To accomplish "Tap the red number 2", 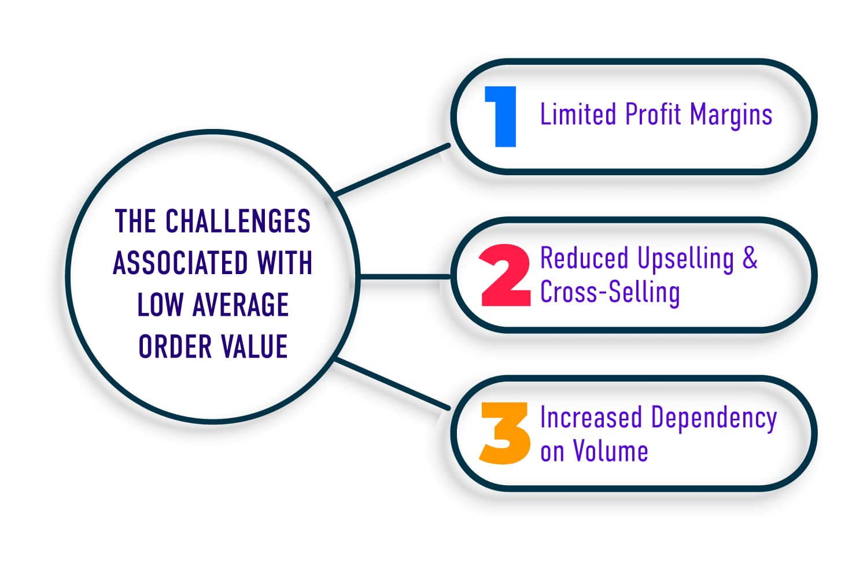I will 505,275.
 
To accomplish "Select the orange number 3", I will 504,433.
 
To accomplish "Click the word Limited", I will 578,114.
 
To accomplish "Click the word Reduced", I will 584,258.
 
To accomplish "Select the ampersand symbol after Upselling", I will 750,258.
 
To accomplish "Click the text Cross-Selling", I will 610,291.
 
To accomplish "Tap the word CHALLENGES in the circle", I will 238,221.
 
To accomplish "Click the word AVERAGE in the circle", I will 241,305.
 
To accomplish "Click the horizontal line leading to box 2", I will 405,276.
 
